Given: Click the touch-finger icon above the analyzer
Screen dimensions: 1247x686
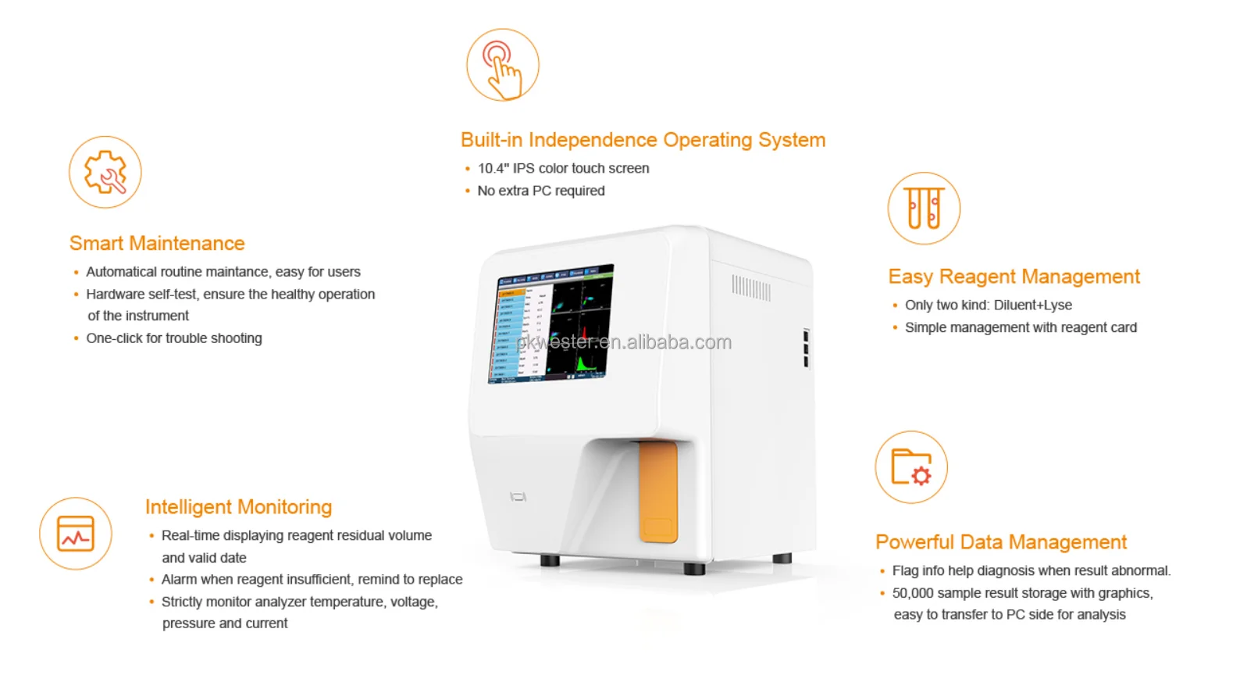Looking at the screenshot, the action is [503, 65].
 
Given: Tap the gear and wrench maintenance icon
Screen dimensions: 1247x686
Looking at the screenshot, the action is [105, 172].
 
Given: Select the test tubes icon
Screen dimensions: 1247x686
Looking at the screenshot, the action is [924, 208].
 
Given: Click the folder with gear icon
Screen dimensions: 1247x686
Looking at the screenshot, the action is [911, 467].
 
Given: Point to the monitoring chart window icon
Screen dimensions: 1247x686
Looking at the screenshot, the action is [76, 534].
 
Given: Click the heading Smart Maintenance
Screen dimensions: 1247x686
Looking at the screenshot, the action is [157, 243].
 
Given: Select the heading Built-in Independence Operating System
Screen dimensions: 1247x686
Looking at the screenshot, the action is [643, 140].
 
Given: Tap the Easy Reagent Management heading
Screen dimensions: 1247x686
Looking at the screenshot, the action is [1014, 277].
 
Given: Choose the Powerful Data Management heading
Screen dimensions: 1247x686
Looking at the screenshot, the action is [1001, 542].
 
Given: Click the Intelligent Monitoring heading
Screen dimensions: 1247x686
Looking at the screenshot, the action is [239, 507].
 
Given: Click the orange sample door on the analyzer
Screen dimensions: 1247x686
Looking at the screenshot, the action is [658, 492].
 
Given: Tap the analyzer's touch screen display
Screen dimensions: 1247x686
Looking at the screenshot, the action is [551, 323].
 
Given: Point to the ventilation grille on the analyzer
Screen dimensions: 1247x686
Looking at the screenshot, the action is [750, 288].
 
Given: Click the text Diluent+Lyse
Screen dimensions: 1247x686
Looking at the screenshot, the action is [1032, 305].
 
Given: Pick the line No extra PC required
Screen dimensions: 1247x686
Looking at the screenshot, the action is [541, 191].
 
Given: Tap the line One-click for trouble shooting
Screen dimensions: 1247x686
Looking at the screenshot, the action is [174, 338].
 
